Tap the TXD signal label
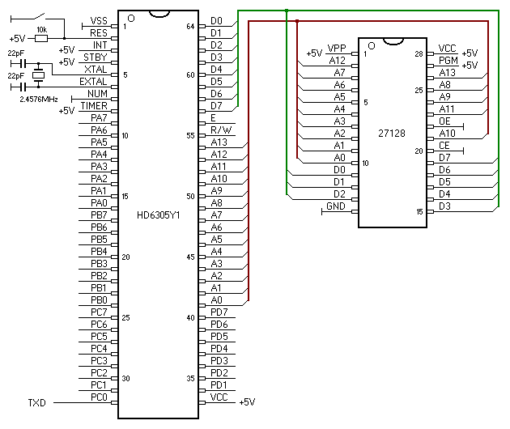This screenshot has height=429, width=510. pyautogui.click(x=37, y=401)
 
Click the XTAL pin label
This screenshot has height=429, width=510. pyautogui.click(x=96, y=70)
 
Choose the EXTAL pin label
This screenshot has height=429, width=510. pyautogui.click(x=94, y=82)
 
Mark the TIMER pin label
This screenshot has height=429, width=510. pyautogui.click(x=94, y=106)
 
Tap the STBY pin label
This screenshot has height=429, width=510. pyautogui.click(x=96, y=57)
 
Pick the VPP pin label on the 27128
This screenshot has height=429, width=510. pyautogui.click(x=338, y=49)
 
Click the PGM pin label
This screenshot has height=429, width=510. pyautogui.click(x=448, y=60)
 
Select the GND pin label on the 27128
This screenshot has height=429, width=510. pyautogui.click(x=335, y=206)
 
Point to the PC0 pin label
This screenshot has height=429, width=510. pyautogui.click(x=99, y=397)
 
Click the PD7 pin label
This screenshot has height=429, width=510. pyautogui.click(x=219, y=312)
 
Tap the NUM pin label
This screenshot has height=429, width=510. pyautogui.click(x=98, y=94)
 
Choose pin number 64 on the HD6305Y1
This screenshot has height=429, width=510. pyautogui.click(x=190, y=26)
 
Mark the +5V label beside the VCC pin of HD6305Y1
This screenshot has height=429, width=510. pyautogui.click(x=247, y=401)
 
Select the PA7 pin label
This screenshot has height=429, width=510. pyautogui.click(x=99, y=118)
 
